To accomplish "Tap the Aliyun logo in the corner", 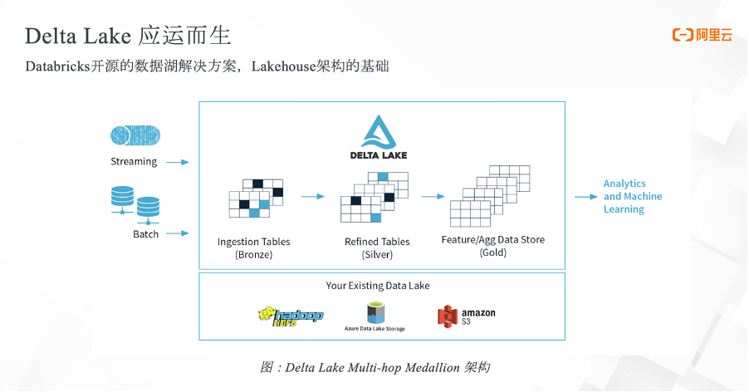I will (702, 35).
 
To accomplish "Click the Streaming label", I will (134, 162).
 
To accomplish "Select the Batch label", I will (146, 234).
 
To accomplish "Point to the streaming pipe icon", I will (135, 135).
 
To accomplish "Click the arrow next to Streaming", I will (178, 163).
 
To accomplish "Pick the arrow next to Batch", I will (178, 234).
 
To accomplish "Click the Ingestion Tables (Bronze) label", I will (254, 247).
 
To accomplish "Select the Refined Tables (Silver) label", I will (377, 247).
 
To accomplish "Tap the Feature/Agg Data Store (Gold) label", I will (493, 246).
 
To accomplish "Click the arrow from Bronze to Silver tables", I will (312, 197).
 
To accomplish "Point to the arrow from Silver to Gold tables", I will (433, 197).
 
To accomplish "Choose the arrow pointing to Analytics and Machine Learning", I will (586, 197).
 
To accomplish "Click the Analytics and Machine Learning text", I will (633, 197).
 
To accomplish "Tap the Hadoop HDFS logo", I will (290, 316).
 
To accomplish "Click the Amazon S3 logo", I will (467, 316).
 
